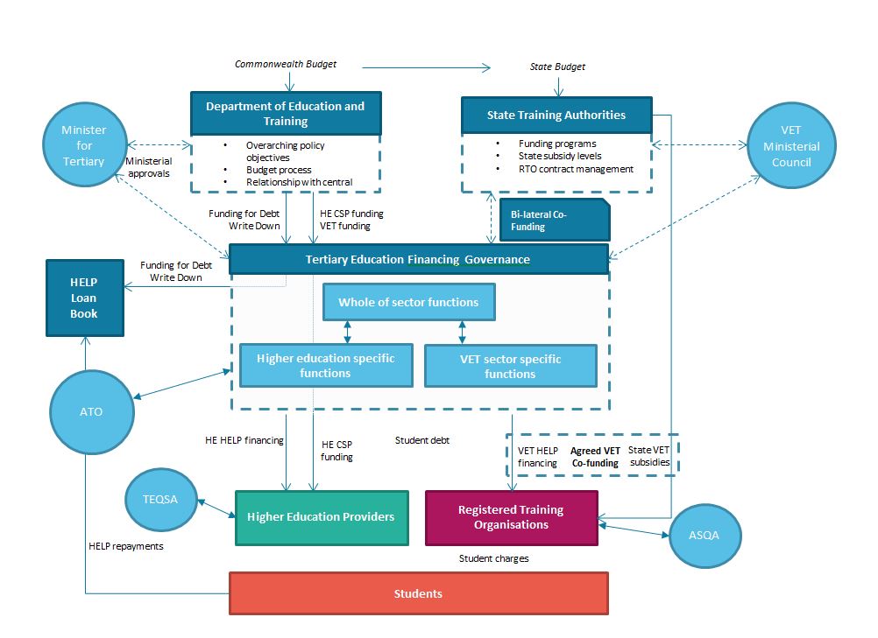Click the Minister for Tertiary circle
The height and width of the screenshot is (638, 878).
coord(83,146)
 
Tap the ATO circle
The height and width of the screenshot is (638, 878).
coord(91,411)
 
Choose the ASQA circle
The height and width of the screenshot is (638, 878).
coord(705,535)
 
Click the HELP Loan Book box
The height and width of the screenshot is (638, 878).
coord(84,298)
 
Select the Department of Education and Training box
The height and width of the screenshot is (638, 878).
coord(286,114)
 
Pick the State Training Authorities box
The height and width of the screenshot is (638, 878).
coord(556,115)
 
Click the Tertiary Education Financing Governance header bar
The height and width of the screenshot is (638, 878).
coord(418,259)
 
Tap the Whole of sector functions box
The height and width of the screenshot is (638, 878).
coord(408,302)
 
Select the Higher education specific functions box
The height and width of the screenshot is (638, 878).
coord(326,366)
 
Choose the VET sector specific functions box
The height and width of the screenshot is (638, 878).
coord(510,366)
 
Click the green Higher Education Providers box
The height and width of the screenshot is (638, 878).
coord(321,517)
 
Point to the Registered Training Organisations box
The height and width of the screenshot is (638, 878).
coord(511,517)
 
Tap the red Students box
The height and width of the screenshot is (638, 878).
coord(418,593)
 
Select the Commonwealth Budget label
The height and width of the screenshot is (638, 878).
coord(286,64)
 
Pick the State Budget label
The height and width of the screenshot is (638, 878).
coord(557,67)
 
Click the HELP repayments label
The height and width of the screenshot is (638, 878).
coord(126,546)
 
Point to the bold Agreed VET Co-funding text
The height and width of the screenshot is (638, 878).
coord(595,457)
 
